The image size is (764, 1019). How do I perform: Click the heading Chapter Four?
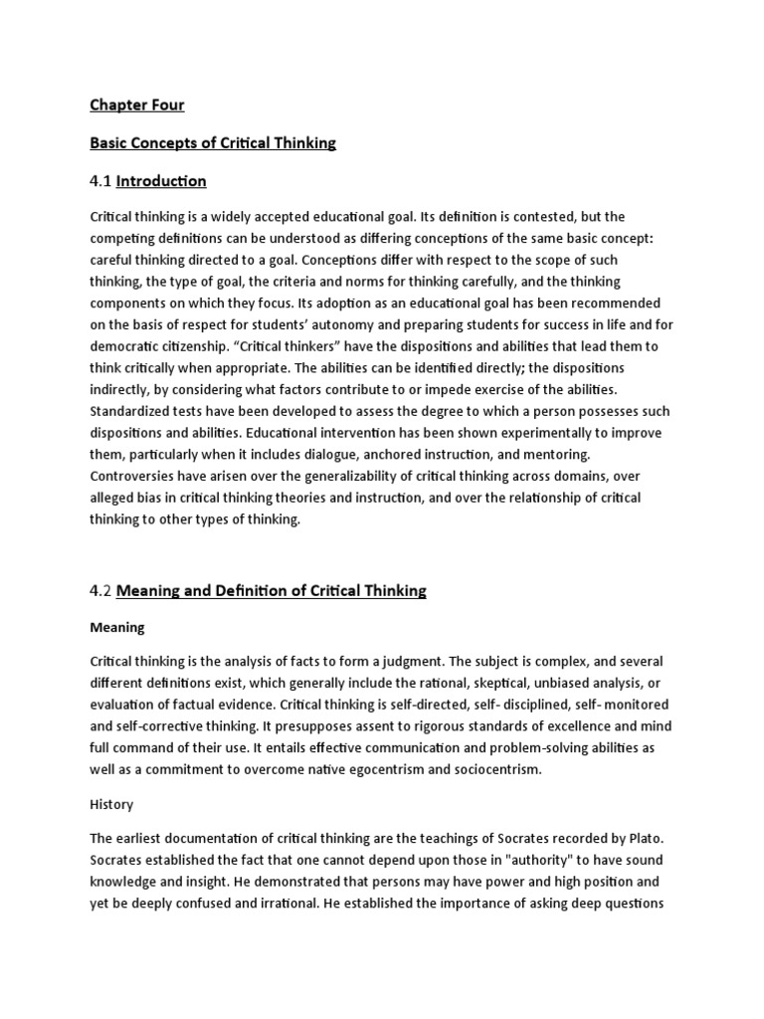[137, 104]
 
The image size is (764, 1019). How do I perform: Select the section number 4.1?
[100, 181]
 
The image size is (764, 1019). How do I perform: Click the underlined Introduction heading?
[161, 181]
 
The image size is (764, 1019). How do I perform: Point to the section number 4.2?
[101, 590]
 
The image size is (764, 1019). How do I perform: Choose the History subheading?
[111, 803]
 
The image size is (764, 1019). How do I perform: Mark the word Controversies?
[133, 476]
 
